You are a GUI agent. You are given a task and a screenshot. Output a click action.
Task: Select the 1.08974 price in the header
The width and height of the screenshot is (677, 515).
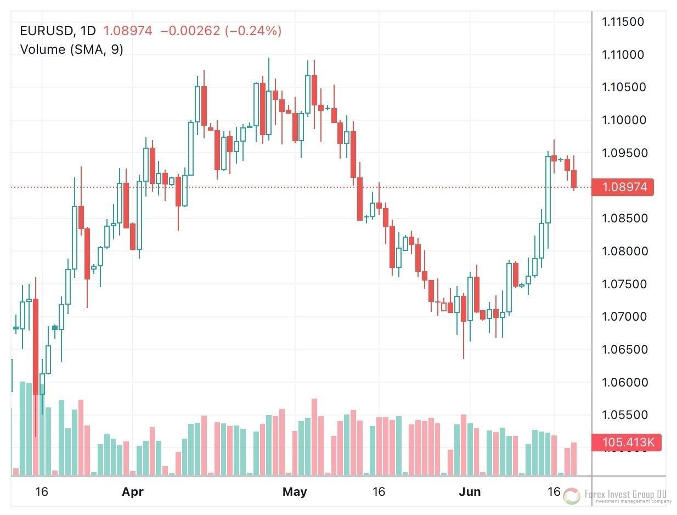(127, 31)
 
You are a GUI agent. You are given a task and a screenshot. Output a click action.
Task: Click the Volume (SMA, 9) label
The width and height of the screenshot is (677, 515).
(71, 49)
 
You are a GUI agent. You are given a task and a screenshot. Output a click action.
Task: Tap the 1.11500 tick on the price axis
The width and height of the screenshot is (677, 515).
(623, 22)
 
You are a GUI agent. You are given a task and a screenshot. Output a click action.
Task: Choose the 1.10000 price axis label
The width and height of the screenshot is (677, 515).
(623, 120)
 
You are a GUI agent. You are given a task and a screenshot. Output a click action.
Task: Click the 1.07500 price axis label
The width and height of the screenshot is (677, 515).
(623, 284)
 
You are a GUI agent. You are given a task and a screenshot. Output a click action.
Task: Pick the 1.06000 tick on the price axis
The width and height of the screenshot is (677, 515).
(623, 382)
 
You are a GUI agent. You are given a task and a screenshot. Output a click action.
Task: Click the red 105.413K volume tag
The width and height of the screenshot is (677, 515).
(625, 442)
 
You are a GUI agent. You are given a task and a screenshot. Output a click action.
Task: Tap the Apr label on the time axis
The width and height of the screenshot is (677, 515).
(133, 492)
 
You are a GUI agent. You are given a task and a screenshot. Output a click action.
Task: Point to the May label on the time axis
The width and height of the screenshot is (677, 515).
(295, 492)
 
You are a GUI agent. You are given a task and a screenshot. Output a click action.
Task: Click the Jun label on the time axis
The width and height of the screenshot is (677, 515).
(470, 492)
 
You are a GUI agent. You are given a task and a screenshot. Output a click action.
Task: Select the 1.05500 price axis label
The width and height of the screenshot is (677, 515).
(623, 415)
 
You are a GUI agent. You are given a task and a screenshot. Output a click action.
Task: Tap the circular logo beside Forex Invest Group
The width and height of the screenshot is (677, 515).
(572, 496)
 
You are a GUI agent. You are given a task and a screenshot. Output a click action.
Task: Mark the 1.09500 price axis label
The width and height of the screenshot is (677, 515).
(623, 153)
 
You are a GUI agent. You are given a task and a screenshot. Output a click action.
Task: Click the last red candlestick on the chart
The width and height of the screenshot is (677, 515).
(574, 178)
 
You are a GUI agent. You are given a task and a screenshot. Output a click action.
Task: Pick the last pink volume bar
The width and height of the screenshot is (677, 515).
(574, 458)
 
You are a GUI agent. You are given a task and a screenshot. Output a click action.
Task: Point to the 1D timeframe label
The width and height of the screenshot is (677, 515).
(87, 31)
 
